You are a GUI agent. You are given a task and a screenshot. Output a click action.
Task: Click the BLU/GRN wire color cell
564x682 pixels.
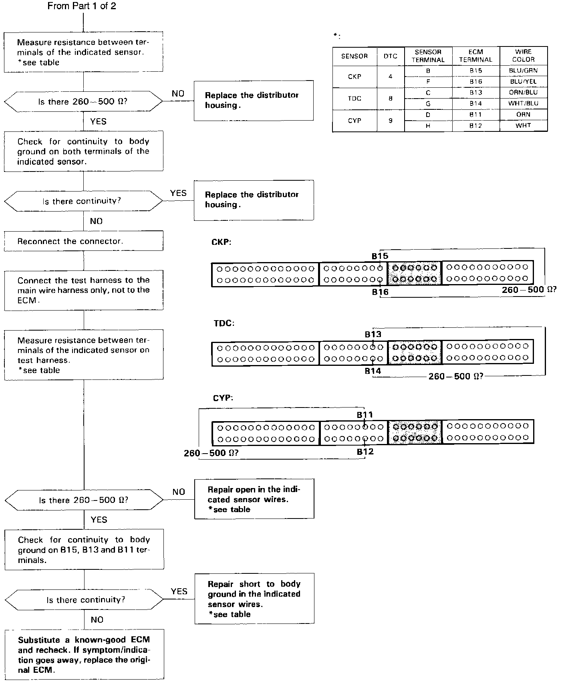[523, 71]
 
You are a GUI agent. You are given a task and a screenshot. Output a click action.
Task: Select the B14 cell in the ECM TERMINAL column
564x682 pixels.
[476, 103]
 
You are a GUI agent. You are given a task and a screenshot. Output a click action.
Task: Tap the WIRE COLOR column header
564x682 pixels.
[523, 56]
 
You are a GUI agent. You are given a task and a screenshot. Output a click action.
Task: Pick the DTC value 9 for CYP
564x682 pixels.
[391, 121]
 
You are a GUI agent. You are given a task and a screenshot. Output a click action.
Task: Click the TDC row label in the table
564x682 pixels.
[355, 99]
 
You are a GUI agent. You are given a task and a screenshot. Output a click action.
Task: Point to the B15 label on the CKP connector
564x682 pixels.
[380, 256]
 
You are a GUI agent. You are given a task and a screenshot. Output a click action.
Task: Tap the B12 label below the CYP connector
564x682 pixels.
[365, 452]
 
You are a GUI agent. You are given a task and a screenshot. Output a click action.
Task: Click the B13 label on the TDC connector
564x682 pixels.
[373, 334]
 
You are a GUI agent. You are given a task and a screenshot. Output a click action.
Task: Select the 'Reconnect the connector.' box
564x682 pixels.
[84, 241]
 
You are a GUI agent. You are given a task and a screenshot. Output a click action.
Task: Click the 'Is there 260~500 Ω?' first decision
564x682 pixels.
[83, 102]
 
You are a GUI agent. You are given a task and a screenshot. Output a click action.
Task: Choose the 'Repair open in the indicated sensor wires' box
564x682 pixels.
[254, 499]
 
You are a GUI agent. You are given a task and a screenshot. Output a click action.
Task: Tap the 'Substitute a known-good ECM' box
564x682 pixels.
[84, 655]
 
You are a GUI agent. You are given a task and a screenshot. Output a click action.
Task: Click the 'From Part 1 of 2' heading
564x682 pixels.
[82, 6]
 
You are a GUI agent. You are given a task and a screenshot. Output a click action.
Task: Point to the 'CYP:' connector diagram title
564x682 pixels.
[223, 398]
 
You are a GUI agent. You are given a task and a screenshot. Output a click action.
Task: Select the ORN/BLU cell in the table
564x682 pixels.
[523, 93]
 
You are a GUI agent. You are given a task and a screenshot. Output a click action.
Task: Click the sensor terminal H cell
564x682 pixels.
[428, 126]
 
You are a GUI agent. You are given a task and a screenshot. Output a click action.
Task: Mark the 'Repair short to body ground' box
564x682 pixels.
[254, 599]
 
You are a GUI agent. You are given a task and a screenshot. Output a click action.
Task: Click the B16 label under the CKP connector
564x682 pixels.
[380, 292]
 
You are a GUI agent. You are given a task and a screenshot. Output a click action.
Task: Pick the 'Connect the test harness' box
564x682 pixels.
[84, 290]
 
